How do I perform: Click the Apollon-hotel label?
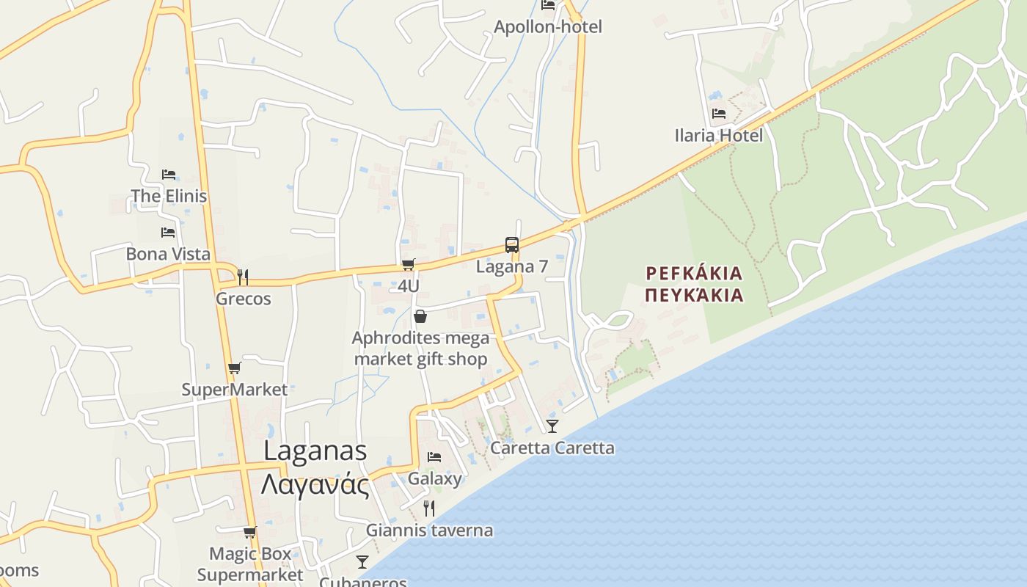547,27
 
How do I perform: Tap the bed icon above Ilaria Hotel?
719,114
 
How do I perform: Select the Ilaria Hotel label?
718,136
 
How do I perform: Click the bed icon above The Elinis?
169,175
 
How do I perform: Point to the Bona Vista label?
168,255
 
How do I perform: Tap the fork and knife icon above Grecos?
243,277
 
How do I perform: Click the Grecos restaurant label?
243,299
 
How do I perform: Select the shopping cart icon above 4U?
409,265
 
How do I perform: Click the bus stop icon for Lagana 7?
512,245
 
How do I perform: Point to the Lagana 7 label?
512,266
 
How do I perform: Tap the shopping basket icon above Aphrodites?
420,317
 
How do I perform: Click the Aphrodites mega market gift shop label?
420,349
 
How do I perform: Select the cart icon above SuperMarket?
235,368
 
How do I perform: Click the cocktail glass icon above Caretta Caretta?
552,426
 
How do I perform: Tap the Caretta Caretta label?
552,448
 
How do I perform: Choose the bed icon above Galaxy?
434,457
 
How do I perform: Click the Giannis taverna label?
429,531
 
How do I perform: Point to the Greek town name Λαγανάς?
315,485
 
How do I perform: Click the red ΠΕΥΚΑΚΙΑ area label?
694,296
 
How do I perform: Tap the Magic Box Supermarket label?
250,564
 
